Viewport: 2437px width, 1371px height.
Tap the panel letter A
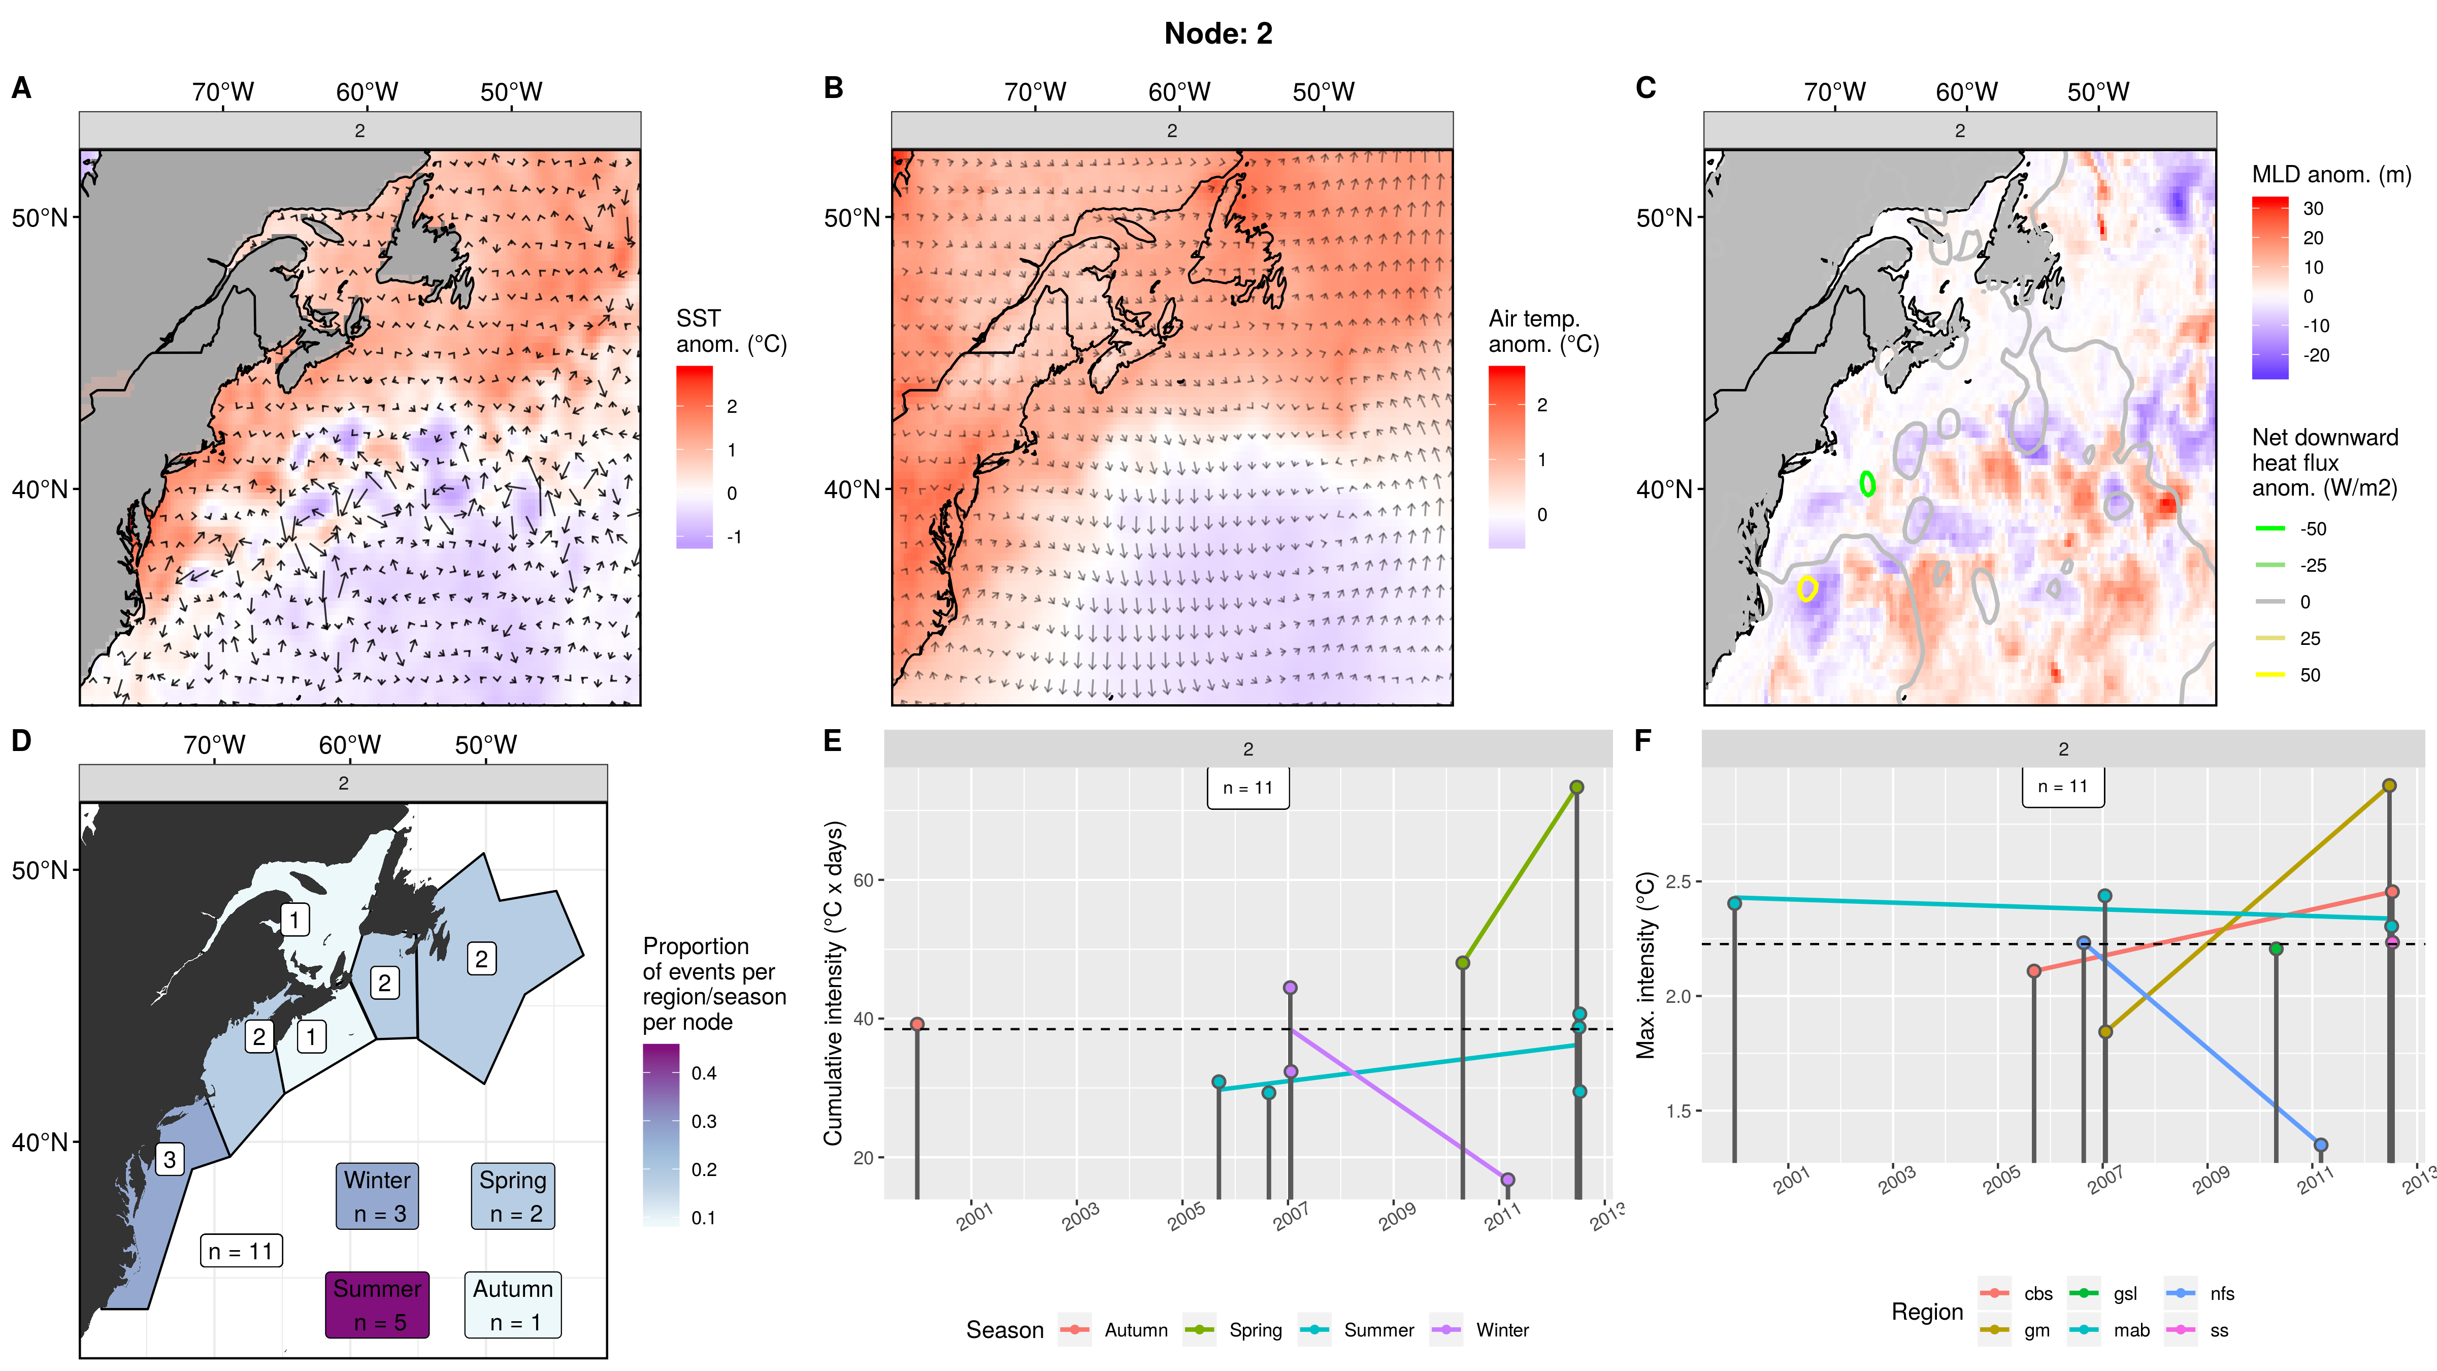21,88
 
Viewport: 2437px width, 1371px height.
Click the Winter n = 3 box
377,1196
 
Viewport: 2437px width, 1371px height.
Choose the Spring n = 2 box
513,1196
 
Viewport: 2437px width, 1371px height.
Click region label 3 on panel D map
170,1159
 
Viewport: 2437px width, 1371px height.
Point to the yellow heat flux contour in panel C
1807,589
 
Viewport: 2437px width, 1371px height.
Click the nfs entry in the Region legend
2221,1293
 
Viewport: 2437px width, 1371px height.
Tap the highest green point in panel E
1576,787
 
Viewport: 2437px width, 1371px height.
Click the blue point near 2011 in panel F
2320,1145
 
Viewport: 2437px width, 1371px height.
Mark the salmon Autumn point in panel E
917,1024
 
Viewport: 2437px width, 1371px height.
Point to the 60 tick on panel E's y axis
863,880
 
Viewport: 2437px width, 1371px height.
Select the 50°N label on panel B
851,218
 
